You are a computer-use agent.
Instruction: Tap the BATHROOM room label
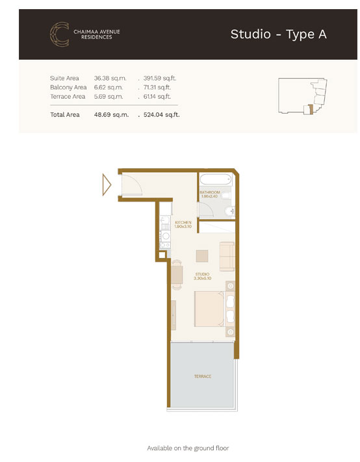click(210, 194)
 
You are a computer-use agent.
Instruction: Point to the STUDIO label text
click(203, 276)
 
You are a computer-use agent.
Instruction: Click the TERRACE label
click(202, 376)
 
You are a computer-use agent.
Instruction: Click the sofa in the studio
click(227, 257)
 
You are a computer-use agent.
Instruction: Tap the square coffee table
click(203, 255)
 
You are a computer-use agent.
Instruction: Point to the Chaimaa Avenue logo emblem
click(60, 34)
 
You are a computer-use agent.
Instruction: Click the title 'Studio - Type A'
click(278, 34)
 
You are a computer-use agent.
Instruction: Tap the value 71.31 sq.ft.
click(159, 87)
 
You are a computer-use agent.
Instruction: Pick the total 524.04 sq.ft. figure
click(161, 114)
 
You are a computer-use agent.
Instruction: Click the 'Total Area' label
click(65, 114)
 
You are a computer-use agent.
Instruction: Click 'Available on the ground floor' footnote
click(188, 448)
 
